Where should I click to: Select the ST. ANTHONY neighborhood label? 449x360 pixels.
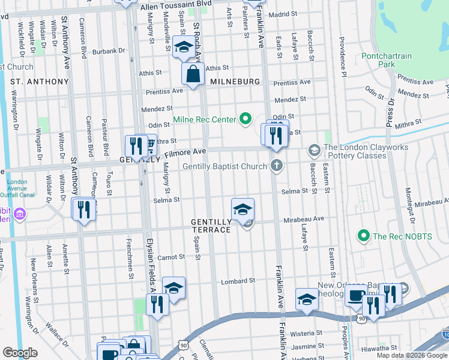click(40, 81)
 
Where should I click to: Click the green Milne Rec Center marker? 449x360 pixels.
click(245, 119)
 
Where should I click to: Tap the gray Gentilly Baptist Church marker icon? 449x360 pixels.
click(276, 166)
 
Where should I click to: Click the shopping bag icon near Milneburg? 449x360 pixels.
click(193, 75)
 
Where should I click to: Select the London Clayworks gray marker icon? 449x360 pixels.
click(313, 149)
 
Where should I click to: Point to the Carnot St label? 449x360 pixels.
click(172, 257)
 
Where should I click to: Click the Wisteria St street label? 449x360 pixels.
click(307, 332)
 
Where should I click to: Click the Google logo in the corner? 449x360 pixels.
click(20, 353)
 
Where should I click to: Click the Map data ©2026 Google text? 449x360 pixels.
click(412, 355)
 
